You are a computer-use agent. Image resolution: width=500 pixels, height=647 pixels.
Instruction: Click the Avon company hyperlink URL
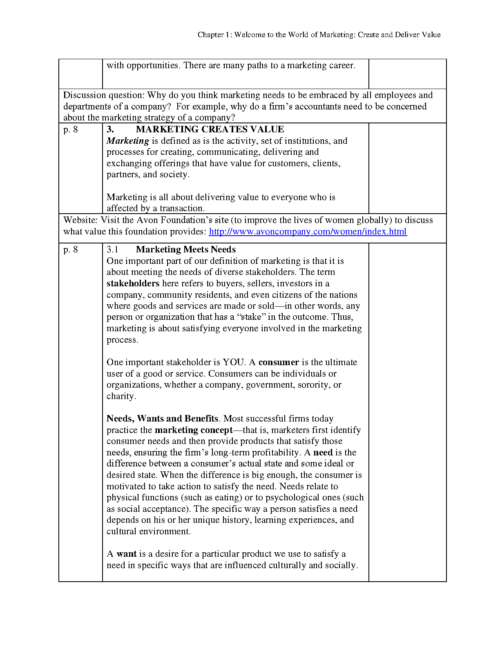click(308, 232)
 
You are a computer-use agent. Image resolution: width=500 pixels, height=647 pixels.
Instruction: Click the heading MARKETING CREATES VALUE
click(210, 129)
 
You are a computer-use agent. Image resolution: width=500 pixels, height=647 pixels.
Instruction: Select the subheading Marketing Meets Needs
click(186, 250)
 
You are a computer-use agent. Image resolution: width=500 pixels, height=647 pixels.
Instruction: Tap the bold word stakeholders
click(133, 283)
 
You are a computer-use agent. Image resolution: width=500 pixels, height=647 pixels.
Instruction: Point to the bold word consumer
click(279, 362)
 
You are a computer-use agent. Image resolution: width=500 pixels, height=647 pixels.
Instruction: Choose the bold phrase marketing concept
click(194, 430)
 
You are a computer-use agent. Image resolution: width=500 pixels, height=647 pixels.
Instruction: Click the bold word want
click(127, 554)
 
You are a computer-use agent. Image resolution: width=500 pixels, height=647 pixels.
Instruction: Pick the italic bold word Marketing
click(128, 141)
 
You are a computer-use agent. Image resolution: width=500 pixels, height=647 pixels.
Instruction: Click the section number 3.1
click(112, 250)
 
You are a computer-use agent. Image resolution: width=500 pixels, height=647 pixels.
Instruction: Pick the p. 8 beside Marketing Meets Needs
click(71, 250)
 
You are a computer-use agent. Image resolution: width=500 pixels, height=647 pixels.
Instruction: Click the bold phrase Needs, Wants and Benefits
click(163, 419)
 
